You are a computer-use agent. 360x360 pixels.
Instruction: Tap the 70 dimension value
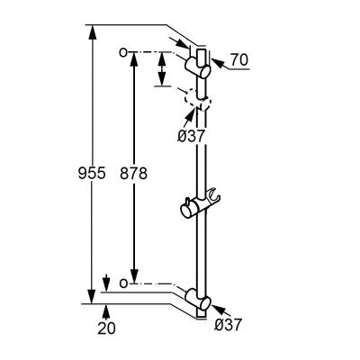tap(238, 61)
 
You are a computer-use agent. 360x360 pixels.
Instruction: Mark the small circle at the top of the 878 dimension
tap(121, 53)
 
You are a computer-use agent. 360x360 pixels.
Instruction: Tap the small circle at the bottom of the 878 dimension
tap(121, 283)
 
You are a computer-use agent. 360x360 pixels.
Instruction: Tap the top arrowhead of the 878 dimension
tap(134, 58)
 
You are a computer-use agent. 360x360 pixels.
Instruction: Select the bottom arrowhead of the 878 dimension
tap(134, 279)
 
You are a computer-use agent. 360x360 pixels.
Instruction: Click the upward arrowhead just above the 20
tap(107, 309)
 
